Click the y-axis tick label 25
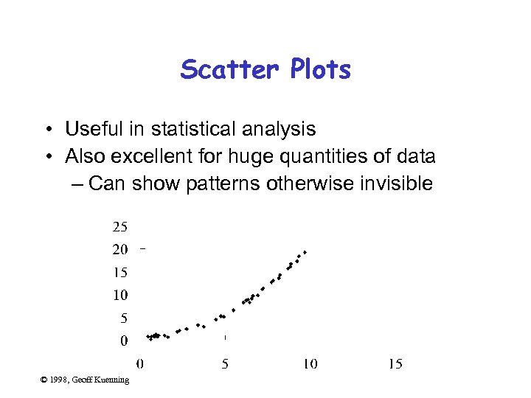[119, 226]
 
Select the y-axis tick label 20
[119, 249]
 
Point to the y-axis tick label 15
[119, 272]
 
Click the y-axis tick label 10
[119, 295]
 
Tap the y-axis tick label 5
[123, 318]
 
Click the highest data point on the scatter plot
[305, 252]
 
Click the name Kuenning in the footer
[113, 380]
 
